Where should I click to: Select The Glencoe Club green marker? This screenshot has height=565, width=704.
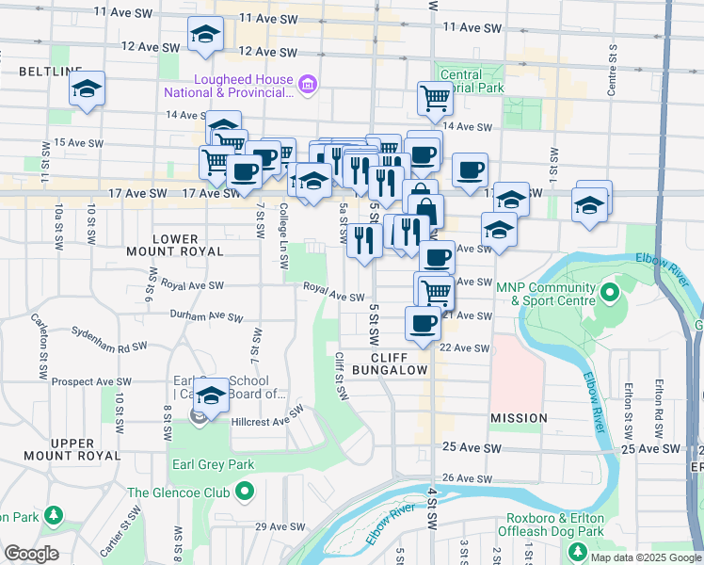click(245, 492)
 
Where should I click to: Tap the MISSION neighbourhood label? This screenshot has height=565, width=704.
click(519, 417)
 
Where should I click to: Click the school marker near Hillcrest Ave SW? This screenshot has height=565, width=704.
click(212, 394)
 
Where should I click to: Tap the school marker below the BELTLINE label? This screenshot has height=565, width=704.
click(87, 90)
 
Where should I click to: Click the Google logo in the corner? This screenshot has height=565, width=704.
click(31, 554)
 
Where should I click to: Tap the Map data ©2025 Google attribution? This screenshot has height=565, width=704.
click(646, 557)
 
